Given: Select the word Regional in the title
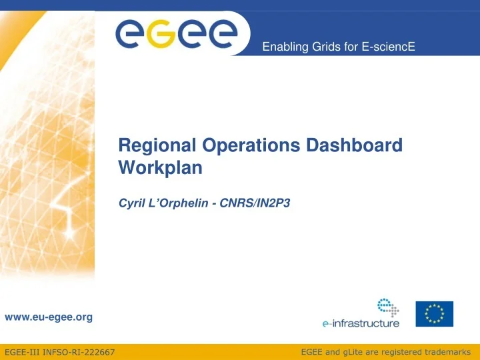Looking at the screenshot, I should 151,145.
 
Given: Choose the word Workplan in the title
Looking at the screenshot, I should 160,168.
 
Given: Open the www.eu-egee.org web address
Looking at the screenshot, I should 49,317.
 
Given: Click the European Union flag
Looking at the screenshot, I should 434,314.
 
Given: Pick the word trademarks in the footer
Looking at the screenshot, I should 446,351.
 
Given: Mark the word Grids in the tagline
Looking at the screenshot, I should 319,47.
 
